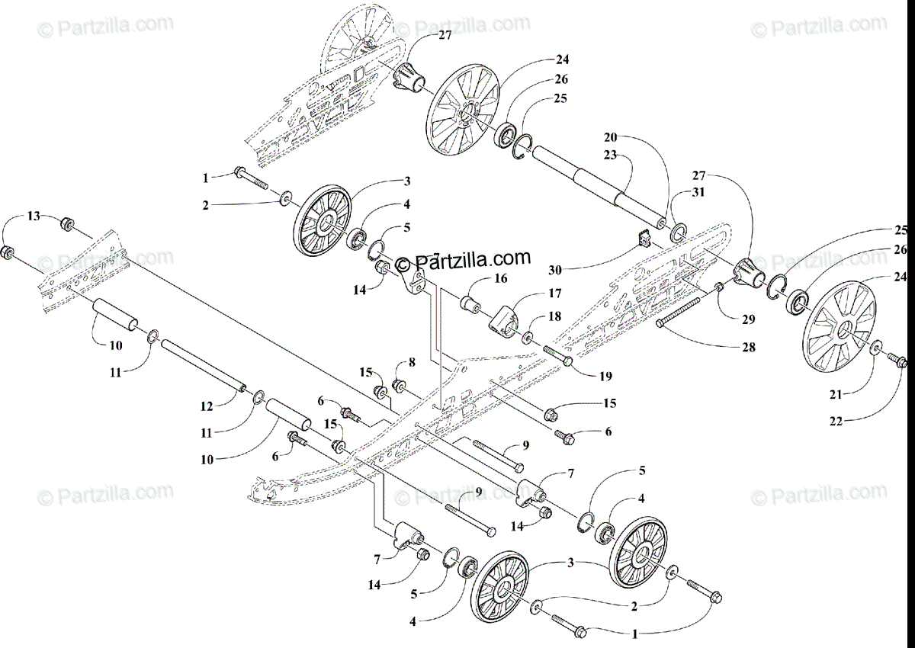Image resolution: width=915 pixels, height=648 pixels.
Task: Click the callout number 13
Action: pyautogui.click(x=33, y=217)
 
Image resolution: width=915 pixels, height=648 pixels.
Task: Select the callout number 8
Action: pyautogui.click(x=412, y=362)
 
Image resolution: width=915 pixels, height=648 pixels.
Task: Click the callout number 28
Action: pyautogui.click(x=749, y=347)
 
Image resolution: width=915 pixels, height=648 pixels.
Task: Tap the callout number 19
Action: pyautogui.click(x=606, y=376)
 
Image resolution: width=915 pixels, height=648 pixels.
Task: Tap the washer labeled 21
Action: pyautogui.click(x=875, y=348)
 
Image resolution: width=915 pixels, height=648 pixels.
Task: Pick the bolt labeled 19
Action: pyautogui.click(x=561, y=353)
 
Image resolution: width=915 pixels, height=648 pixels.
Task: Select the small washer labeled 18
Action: pyautogui.click(x=528, y=335)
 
